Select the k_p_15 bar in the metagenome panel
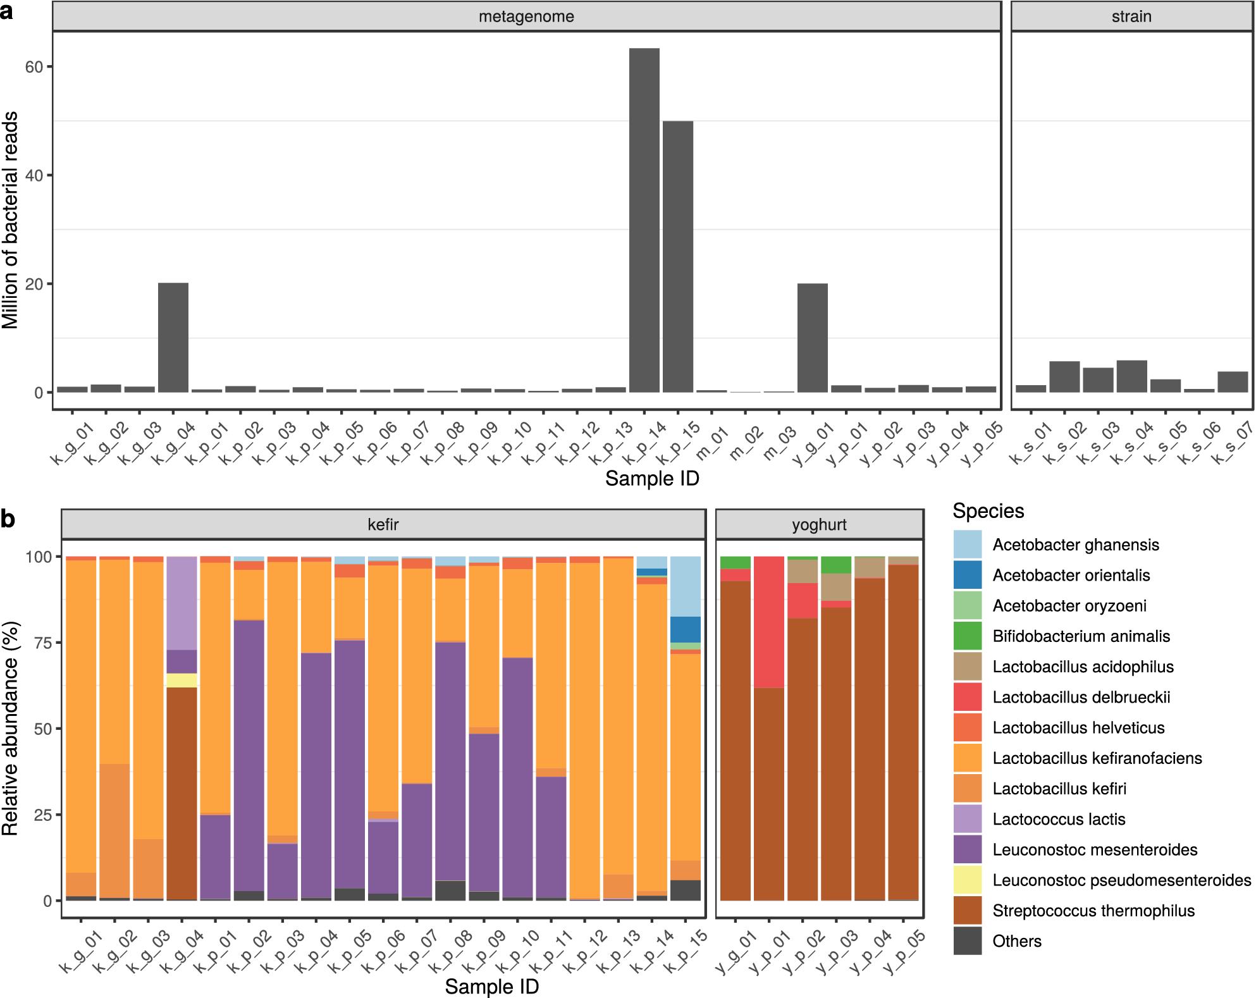(677, 256)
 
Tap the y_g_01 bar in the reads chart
(812, 338)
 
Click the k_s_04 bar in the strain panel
(1131, 376)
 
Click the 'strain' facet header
(1131, 16)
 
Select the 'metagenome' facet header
(526, 16)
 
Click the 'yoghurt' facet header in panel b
(819, 525)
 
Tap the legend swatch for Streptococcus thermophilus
(967, 910)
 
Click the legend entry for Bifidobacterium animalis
(1081, 636)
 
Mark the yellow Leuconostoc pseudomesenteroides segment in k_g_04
(182, 680)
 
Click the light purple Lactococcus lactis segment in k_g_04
(182, 603)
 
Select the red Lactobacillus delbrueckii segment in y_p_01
(768, 622)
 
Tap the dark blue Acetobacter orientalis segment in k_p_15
(685, 629)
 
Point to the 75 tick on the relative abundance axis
(43, 643)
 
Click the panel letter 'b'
(8, 519)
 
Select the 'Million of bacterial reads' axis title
(10, 220)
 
